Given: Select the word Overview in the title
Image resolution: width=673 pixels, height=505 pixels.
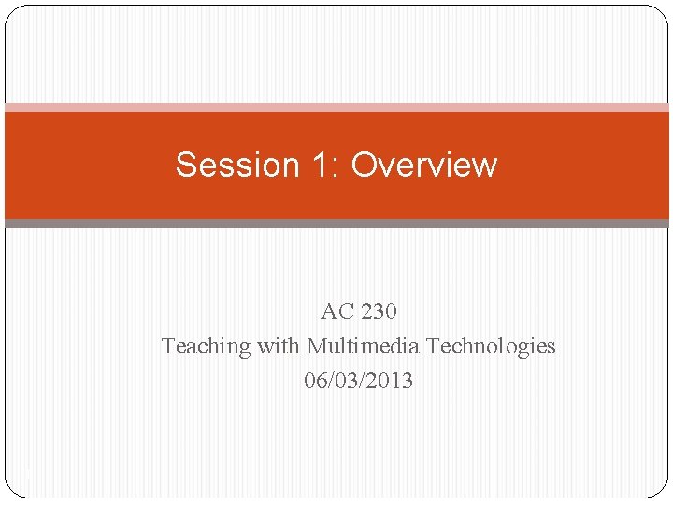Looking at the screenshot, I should click(x=423, y=165).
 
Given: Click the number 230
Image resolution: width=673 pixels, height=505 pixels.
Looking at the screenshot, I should click(x=378, y=310).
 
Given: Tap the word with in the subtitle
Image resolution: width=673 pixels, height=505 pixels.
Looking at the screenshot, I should click(x=279, y=346).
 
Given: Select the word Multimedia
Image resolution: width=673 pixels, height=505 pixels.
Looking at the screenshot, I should click(x=363, y=346).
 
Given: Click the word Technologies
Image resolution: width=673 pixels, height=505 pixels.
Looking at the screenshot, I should click(x=491, y=346).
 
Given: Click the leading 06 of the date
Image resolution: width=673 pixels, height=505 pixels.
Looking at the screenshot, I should click(x=315, y=381).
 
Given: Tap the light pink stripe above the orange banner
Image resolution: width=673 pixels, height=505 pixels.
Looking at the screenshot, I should click(x=336, y=108).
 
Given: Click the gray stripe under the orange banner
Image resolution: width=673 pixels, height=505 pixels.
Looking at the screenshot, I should click(x=336, y=224).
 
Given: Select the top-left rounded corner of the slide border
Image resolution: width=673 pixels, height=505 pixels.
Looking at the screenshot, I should click(x=10, y=11).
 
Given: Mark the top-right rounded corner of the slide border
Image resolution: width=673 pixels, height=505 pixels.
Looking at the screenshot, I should click(x=663, y=11).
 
